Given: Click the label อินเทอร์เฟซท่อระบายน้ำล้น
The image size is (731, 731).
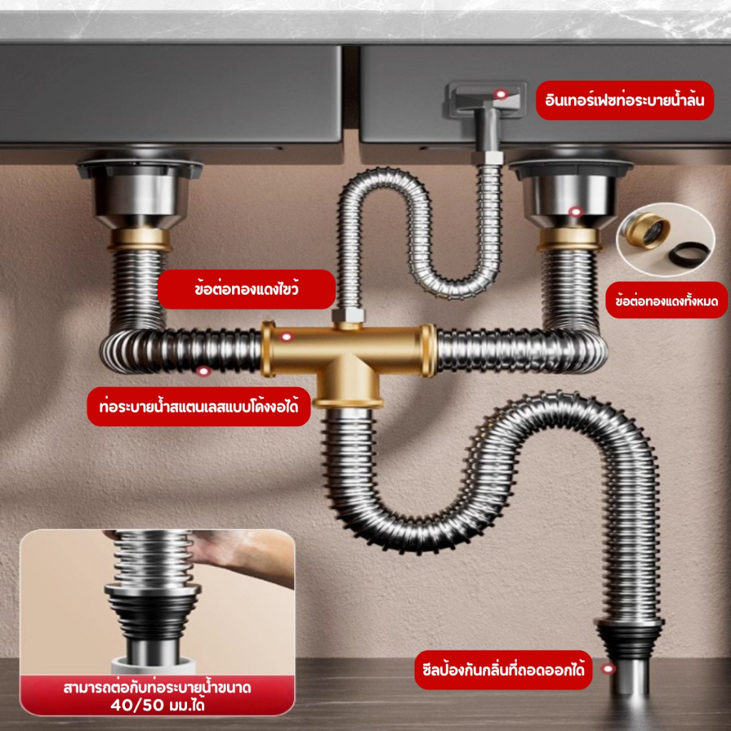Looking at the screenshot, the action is [x=625, y=101].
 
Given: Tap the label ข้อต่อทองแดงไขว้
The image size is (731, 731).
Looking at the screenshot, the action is [x=246, y=290].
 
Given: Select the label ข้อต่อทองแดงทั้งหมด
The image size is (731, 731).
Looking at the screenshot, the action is [x=666, y=301].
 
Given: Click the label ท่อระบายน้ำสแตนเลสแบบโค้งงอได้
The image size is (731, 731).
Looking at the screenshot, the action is [x=199, y=406].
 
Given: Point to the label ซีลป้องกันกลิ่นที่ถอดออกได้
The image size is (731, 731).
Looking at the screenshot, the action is [x=503, y=670].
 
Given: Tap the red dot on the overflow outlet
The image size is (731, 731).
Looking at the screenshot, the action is [x=501, y=95].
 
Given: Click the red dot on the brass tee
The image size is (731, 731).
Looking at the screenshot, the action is [x=286, y=337].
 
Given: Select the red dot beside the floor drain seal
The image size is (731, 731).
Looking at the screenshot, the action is [x=608, y=670].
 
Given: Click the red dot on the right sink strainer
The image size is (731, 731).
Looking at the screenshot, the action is [x=576, y=211].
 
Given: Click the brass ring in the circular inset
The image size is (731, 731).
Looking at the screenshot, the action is [x=646, y=229].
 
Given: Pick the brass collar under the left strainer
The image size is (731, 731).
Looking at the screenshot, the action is [x=140, y=240].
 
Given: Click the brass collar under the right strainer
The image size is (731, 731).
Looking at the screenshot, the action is [x=569, y=240].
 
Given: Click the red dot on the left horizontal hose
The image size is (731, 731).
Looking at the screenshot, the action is [x=203, y=371].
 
